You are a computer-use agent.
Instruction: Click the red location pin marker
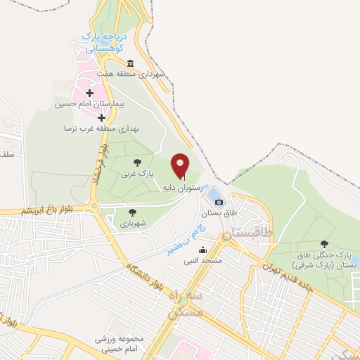point(181,166)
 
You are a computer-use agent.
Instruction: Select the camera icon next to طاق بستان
point(219,202)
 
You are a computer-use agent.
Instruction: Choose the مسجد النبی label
point(198,261)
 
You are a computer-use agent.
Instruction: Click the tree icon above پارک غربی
point(136,162)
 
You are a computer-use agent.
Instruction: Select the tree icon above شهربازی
point(131,212)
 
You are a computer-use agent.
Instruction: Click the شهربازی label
point(131,223)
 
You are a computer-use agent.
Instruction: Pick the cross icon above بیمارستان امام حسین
point(89,93)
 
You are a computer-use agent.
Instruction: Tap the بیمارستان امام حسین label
point(84,104)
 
